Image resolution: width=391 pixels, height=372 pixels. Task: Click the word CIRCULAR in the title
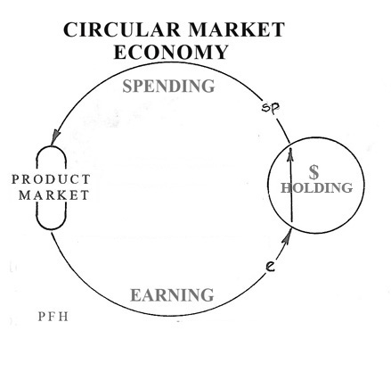pos(122,29)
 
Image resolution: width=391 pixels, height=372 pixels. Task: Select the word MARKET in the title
pos(236,29)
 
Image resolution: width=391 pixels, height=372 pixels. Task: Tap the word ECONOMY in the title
pos(171,52)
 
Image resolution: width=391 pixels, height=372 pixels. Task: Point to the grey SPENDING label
pos(168,87)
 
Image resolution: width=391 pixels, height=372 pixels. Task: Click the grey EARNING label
pos(172,295)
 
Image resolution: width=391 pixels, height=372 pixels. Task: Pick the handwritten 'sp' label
pos(271,107)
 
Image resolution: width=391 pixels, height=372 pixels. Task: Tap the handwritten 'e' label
pos(270,266)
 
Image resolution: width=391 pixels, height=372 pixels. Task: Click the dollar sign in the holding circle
pos(314,172)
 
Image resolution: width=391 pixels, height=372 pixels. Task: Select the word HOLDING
pos(317,188)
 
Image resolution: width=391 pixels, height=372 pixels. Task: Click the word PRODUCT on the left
pos(51,179)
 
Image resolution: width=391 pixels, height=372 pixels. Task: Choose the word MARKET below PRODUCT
pos(53,195)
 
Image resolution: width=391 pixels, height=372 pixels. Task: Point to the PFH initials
pos(53,317)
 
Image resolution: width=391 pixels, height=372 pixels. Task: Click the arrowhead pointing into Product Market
pos(55,137)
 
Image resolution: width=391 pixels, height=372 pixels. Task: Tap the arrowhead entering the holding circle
pos(286,237)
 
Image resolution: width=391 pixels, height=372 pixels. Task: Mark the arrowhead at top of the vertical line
pos(290,153)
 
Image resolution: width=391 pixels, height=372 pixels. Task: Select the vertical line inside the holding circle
pos(291,185)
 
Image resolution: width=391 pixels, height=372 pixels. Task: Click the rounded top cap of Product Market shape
pos(52,146)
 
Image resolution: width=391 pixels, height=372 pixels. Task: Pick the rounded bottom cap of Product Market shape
pos(52,229)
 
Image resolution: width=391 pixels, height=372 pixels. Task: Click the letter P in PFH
pos(41,317)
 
